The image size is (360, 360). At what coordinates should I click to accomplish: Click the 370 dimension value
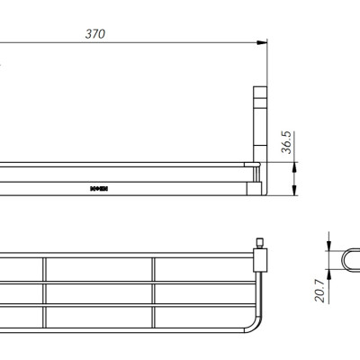click(95, 34)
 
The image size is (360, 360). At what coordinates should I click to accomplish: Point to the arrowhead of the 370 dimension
click(265, 42)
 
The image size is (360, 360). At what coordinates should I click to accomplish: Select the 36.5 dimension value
click(286, 144)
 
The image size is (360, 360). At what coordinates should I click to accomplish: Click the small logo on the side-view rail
click(98, 189)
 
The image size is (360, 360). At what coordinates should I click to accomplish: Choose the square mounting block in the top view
click(260, 261)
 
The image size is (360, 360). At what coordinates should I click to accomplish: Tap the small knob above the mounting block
click(259, 244)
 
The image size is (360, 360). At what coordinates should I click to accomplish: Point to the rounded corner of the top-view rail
click(255, 320)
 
